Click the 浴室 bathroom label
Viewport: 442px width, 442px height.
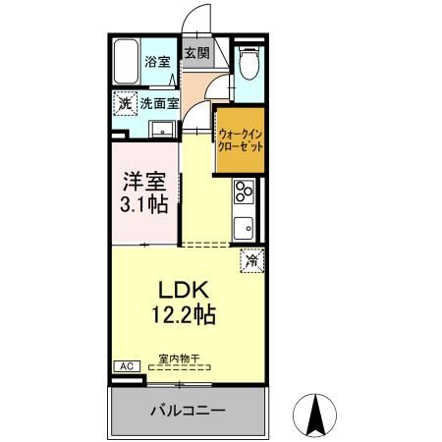pyautogui.click(x=158, y=61)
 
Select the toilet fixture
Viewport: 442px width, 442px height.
pyautogui.click(x=249, y=64)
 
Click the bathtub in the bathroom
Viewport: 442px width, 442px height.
pyautogui.click(x=126, y=63)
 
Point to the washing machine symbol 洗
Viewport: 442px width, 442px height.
pyautogui.click(x=125, y=102)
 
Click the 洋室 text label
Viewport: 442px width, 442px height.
pyautogui.click(x=143, y=184)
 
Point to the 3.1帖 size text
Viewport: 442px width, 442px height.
pyautogui.click(x=143, y=206)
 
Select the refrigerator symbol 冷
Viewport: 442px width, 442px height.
pyautogui.click(x=251, y=260)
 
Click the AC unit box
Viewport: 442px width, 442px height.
pyautogui.click(x=126, y=365)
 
